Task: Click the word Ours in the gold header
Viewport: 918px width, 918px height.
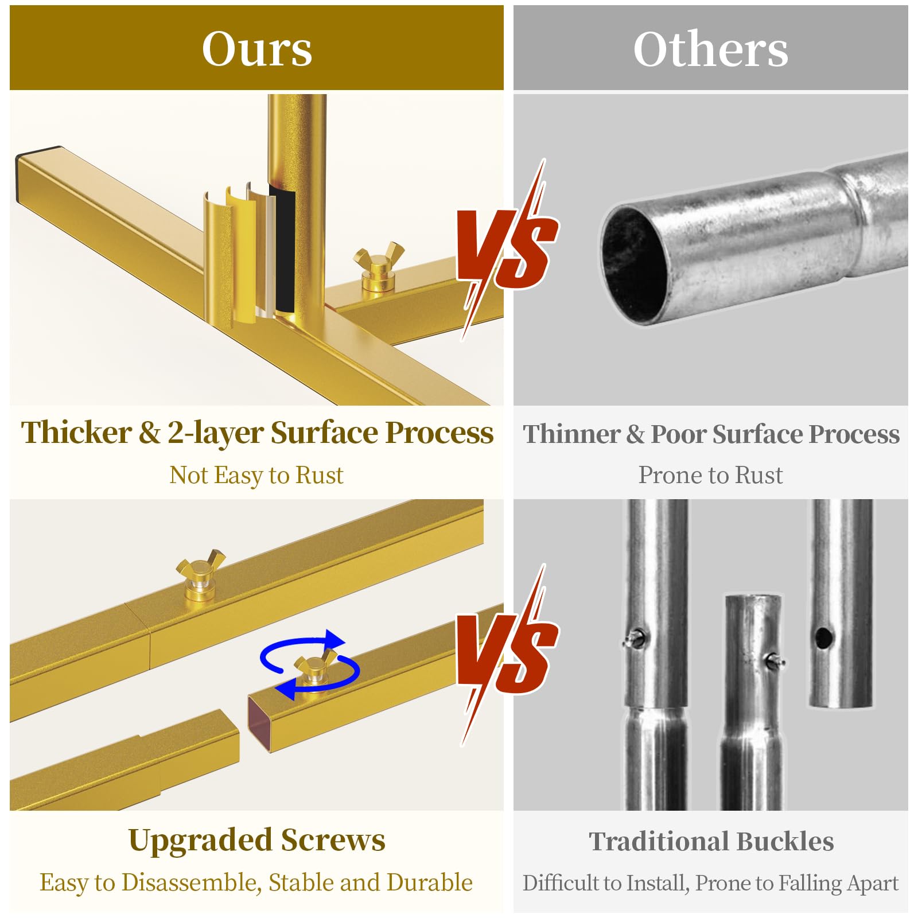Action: coord(257,49)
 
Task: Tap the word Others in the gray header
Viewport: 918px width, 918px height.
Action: coord(710,49)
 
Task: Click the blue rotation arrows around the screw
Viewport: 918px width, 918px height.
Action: coord(309,666)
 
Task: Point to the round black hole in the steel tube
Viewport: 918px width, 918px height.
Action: coord(824,637)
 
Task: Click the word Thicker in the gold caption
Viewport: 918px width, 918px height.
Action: coord(76,433)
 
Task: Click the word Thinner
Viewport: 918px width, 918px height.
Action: coord(571,434)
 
